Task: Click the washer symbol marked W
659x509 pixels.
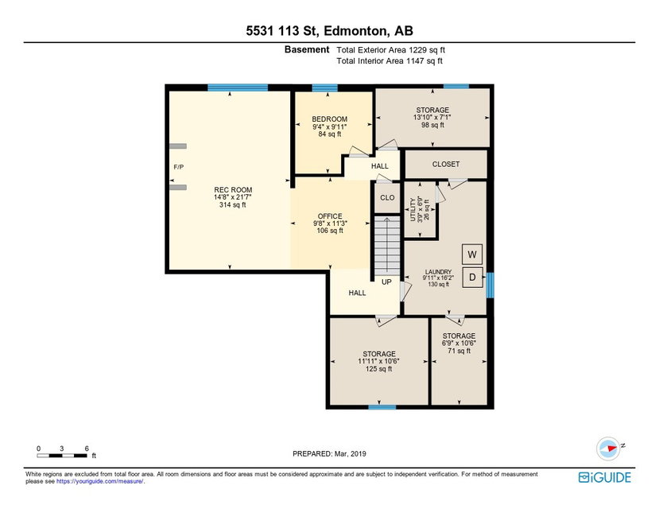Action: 472,254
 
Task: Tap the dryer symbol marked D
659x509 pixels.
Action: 472,277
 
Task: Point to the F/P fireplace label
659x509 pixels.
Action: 179,167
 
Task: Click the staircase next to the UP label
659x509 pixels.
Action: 387,246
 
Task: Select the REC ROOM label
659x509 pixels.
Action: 233,189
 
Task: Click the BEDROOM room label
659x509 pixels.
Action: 329,119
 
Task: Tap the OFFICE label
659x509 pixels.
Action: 330,216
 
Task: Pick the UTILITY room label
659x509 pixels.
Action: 413,209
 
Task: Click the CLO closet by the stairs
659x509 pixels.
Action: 387,197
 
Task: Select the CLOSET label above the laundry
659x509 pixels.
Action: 446,164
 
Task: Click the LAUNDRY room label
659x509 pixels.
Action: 438,271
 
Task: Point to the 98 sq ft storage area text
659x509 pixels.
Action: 433,125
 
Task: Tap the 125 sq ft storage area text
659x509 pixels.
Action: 378,368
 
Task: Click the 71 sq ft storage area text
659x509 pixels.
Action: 459,350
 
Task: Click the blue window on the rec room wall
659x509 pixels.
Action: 238,87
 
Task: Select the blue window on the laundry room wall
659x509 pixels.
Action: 490,286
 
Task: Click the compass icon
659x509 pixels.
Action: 608,449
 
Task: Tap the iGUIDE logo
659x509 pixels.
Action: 605,477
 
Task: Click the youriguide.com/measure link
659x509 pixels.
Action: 100,481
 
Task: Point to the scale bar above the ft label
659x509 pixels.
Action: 62,455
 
